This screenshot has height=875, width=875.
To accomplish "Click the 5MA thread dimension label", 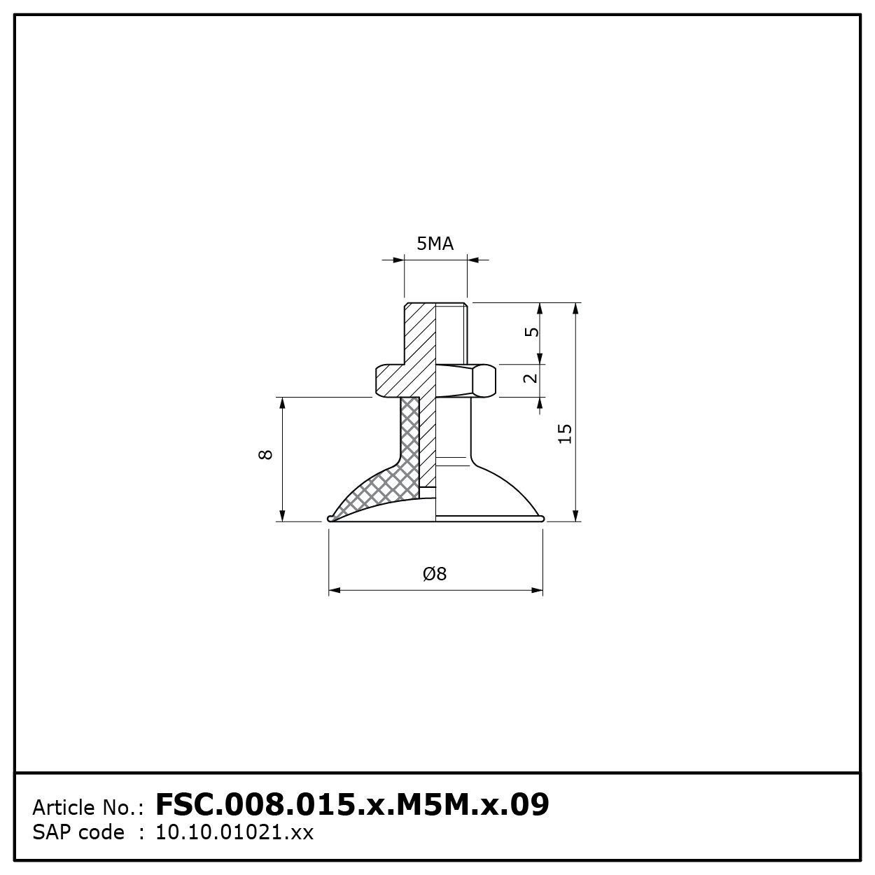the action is [x=435, y=244].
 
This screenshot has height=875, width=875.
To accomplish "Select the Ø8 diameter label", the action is [x=435, y=574].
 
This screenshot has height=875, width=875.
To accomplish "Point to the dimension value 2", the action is [x=531, y=378].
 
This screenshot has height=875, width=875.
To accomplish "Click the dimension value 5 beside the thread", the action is [x=531, y=332].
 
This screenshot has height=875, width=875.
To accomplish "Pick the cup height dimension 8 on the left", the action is [x=265, y=454].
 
